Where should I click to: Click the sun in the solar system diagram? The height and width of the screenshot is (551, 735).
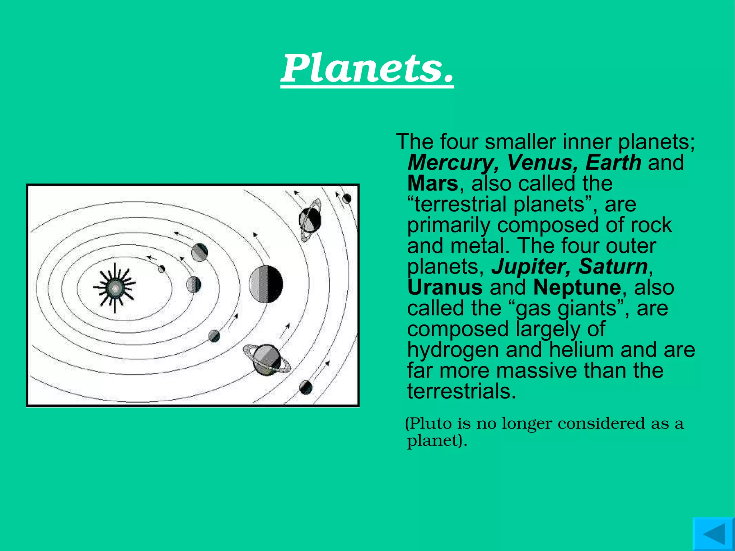115,287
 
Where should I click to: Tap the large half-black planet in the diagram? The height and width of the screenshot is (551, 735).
266,284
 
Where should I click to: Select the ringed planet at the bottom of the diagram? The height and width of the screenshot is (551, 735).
267,359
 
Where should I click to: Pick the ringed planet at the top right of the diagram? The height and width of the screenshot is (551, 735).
310,219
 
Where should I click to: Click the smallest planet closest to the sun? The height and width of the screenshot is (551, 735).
161,269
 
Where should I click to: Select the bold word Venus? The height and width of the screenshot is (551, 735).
542,163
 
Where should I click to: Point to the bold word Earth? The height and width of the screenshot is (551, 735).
613,163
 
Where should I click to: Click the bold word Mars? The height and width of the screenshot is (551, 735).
432,183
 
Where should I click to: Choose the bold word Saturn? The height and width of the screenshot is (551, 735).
613,267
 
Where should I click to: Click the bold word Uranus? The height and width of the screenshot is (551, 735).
445,288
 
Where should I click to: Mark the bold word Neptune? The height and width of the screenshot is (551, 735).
577,288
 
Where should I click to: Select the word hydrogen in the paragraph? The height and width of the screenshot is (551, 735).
453,350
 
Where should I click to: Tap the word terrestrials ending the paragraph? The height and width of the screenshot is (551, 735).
462,391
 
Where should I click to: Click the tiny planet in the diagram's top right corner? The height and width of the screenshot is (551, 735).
347,198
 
